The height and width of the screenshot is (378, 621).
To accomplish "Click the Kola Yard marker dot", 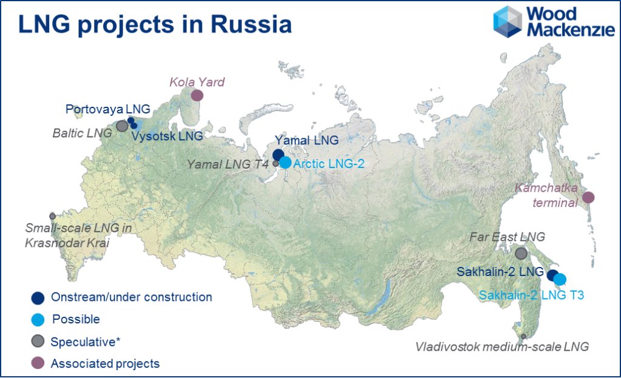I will tap(196, 95).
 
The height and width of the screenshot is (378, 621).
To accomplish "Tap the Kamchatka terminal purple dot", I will tap(588, 197).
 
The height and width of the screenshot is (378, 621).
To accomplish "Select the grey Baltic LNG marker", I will tap(122, 126).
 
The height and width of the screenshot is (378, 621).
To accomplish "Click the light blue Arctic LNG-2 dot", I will tap(284, 163).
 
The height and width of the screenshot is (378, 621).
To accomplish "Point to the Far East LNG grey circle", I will tap(521, 253).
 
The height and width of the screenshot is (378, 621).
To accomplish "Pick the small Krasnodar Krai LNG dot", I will tap(53, 216).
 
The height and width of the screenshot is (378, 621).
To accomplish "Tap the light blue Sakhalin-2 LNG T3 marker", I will tap(560, 279).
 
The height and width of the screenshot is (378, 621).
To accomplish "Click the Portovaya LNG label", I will tap(107, 109).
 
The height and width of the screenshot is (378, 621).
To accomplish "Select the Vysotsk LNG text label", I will tap(167, 137).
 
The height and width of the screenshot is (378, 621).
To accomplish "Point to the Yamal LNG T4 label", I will tap(228, 163).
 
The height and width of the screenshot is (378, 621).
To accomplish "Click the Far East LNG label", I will tap(508, 237).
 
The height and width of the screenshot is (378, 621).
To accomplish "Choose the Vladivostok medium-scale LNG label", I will tap(502, 347).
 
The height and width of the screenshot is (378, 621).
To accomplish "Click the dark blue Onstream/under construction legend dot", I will tap(38, 297).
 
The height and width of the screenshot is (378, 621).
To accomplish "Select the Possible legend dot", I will tap(38, 319).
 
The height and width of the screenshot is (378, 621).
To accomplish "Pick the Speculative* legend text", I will tap(86, 342).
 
